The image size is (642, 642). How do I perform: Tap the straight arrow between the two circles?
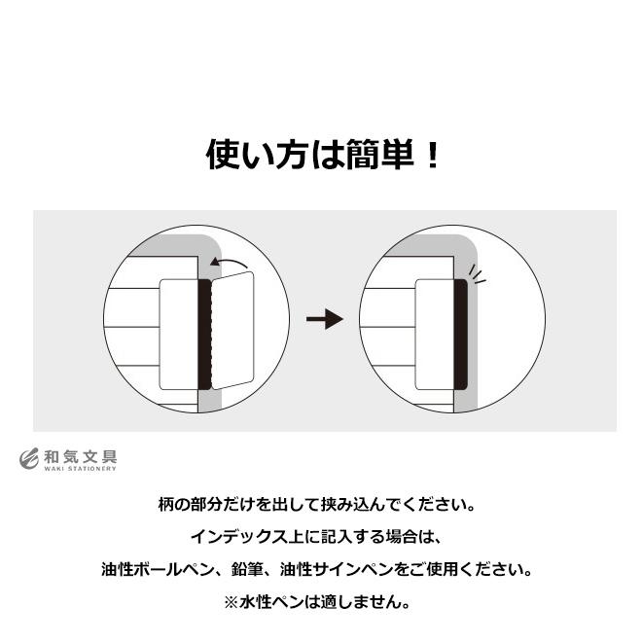coord(324,319)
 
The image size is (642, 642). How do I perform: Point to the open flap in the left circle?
coord(232,331)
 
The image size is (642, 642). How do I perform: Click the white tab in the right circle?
coord(435,334)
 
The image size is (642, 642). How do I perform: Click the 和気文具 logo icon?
coord(29,458)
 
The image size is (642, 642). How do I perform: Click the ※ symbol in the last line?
coord(232,601)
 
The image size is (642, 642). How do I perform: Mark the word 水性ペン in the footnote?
coord(273,601)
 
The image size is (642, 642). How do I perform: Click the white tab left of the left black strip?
coord(177,334)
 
